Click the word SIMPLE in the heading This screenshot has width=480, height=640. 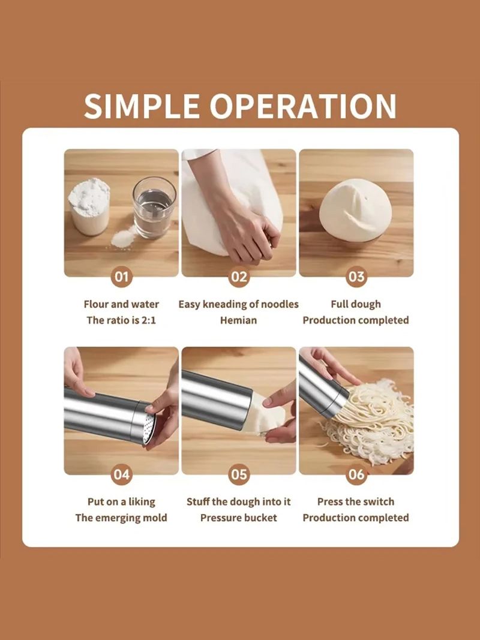pyautogui.click(x=142, y=106)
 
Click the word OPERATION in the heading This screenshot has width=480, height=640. pyautogui.click(x=303, y=106)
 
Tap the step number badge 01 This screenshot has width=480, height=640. pyautogui.click(x=121, y=277)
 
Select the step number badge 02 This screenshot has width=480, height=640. pyautogui.click(x=239, y=277)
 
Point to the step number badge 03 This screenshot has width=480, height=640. pyautogui.click(x=356, y=277)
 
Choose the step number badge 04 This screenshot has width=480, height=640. pyautogui.click(x=121, y=474)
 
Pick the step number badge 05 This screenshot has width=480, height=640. pyautogui.click(x=239, y=474)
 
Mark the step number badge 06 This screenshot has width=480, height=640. pyautogui.click(x=356, y=474)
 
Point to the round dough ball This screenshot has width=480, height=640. pyautogui.click(x=355, y=211)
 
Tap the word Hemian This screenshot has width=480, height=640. pyautogui.click(x=239, y=320)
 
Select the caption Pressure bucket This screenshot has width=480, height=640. pyautogui.click(x=239, y=518)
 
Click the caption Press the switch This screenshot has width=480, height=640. pyautogui.click(x=356, y=501)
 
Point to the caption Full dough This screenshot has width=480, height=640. pyautogui.click(x=356, y=304)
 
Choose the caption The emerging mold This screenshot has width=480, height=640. pyautogui.click(x=121, y=518)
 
